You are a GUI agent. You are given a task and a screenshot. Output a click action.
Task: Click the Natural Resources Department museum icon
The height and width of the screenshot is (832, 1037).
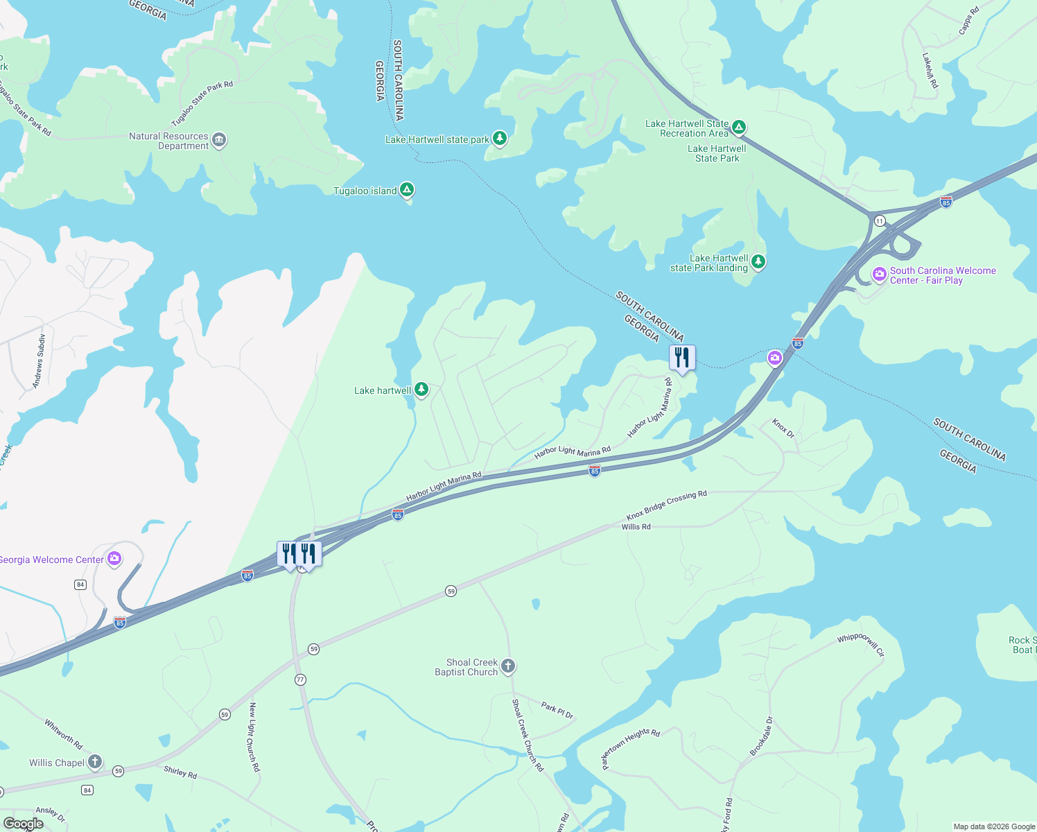(219, 140)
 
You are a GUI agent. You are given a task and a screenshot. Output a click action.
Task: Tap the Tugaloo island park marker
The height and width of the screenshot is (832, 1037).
(407, 190)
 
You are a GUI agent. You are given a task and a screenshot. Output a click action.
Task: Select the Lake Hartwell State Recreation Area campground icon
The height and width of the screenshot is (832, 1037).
(739, 127)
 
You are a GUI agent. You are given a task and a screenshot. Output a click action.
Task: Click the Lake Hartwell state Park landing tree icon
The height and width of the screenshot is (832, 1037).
(758, 262)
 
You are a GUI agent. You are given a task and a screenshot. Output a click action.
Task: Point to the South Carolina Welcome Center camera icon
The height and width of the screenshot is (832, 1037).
(880, 275)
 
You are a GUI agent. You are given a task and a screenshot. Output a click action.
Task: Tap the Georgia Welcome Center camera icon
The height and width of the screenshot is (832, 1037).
(114, 558)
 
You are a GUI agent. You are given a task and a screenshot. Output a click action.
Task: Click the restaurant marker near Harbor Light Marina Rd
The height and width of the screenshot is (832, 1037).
(682, 358)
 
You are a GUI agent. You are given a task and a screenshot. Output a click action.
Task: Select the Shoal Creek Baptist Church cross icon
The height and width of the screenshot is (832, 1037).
(508, 666)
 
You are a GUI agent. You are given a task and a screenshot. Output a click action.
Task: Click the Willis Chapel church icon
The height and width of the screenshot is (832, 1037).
(95, 762)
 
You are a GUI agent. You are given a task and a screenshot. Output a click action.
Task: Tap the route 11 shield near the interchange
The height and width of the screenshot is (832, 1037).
(880, 220)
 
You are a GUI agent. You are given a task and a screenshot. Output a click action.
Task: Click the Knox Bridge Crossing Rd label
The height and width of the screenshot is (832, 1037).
(666, 505)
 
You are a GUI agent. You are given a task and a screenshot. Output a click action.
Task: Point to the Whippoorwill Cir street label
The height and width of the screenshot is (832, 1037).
(861, 645)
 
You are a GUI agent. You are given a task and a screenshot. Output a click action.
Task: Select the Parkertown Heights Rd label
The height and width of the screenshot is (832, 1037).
(631, 748)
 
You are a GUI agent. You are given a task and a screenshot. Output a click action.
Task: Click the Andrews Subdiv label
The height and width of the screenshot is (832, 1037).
(39, 361)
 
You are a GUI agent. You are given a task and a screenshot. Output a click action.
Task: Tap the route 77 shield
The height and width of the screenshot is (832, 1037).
(300, 679)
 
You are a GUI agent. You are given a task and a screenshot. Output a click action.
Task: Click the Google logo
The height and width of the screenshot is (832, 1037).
(23, 824)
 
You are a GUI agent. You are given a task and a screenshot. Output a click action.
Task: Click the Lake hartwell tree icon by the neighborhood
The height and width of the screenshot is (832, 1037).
(421, 390)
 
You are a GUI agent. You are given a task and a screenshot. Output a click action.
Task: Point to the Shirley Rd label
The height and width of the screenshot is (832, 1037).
(180, 772)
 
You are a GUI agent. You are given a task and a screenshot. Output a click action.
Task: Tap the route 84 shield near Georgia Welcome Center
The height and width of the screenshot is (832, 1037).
(80, 584)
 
